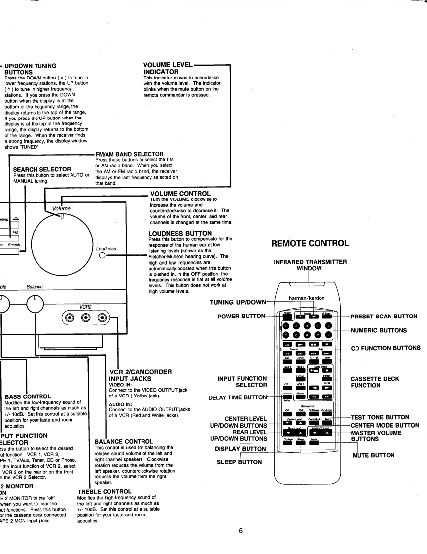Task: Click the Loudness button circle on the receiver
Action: pyautogui.click(x=101, y=256)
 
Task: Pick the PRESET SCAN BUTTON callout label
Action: pyautogui.click(x=384, y=317)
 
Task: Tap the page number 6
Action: pyautogui.click(x=241, y=530)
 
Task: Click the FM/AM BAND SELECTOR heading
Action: pyautogui.click(x=129, y=154)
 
